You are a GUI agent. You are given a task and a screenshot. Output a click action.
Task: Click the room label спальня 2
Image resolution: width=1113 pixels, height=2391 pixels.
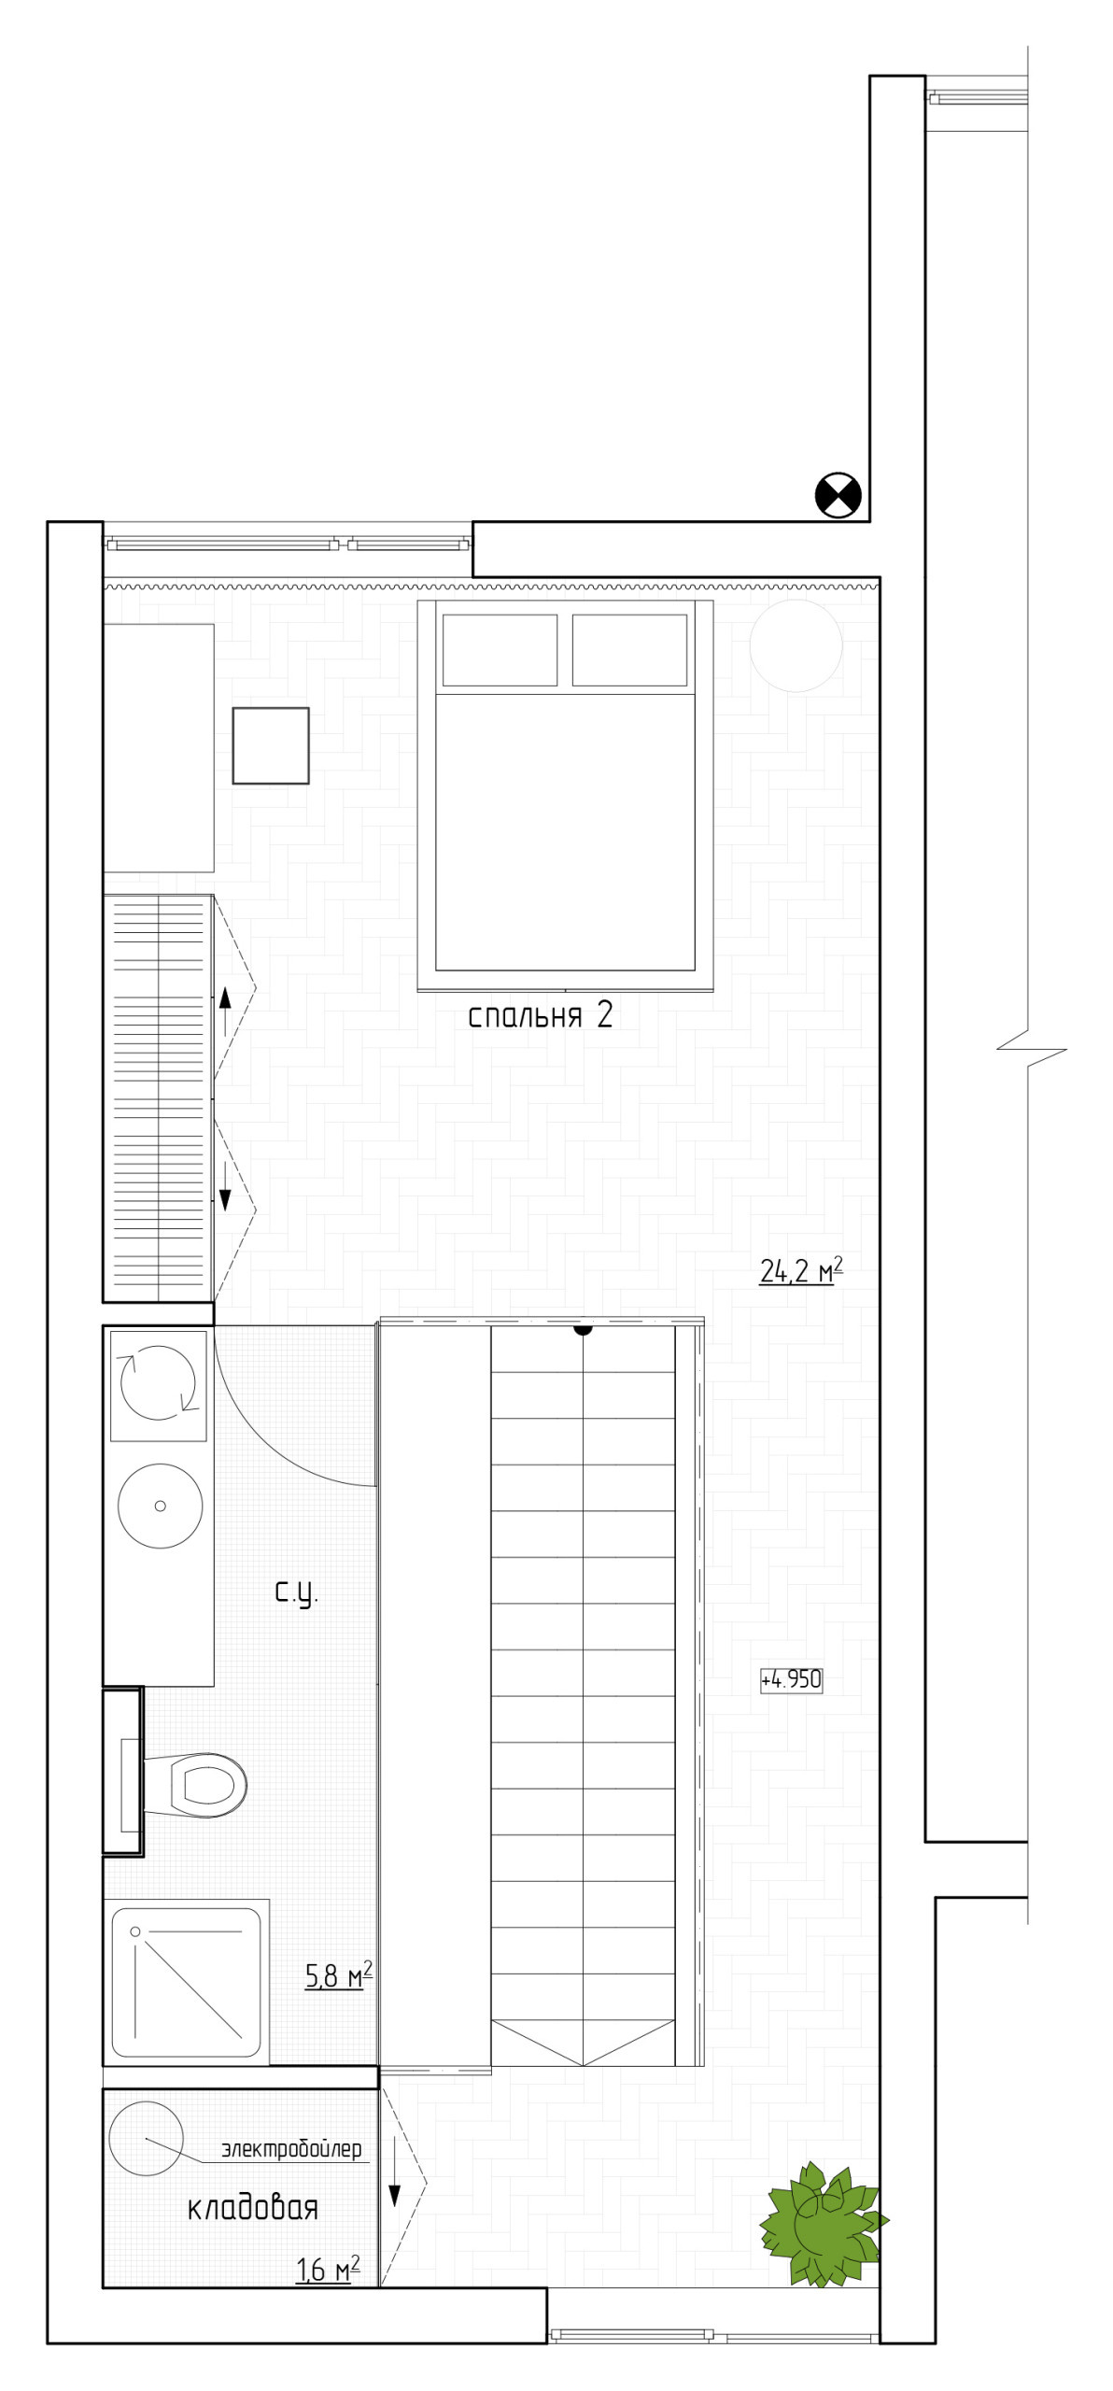tap(540, 1016)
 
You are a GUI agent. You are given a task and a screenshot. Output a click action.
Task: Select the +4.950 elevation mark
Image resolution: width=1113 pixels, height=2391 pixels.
tap(791, 1679)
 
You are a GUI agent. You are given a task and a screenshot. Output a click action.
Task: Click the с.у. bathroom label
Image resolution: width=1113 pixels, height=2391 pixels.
tap(296, 1593)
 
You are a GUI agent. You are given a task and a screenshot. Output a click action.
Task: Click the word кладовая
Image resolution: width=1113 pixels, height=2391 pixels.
tap(252, 2209)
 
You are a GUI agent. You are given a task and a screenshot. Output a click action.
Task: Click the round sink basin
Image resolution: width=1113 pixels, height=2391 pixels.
tap(160, 1506)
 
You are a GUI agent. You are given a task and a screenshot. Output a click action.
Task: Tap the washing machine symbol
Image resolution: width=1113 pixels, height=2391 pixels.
tap(158, 1386)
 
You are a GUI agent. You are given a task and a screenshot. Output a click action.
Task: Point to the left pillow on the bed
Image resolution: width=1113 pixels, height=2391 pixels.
tap(500, 650)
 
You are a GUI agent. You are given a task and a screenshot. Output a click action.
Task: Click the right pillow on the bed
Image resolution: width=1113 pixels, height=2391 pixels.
tap(629, 650)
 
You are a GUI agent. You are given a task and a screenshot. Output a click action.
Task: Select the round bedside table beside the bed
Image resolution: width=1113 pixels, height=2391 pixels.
tap(796, 645)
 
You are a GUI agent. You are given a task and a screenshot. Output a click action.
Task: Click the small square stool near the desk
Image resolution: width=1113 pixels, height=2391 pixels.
tap(271, 745)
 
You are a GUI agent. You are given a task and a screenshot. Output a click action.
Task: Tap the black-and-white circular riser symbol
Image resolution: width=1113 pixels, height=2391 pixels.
tap(838, 495)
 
